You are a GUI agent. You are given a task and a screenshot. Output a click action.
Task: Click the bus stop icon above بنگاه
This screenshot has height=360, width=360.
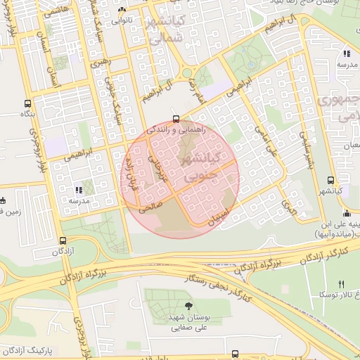click(x=27, y=103)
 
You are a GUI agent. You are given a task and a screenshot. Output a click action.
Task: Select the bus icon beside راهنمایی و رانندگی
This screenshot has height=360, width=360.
click(x=176, y=119)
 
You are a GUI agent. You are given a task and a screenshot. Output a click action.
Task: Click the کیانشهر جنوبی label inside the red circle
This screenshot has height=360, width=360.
click(x=206, y=169)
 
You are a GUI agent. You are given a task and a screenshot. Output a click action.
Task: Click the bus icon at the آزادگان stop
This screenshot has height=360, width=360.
click(x=63, y=240)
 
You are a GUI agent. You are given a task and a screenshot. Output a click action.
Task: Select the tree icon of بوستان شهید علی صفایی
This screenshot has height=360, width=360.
click(x=188, y=304)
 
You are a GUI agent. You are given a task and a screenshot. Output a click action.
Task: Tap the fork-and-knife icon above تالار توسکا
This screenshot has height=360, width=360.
click(x=341, y=284)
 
